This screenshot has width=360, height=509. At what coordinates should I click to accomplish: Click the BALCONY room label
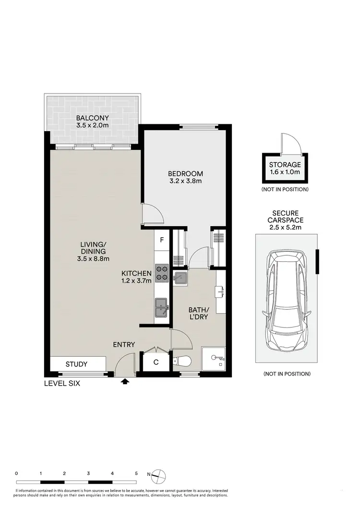coord(92,118)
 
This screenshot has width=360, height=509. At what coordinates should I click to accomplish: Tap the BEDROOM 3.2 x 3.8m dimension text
coord(185,182)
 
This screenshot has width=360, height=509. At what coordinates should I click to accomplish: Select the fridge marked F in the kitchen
coord(162,239)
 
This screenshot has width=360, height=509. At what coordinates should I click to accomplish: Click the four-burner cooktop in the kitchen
coord(161,272)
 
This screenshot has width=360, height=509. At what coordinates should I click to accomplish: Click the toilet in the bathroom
coord(183,361)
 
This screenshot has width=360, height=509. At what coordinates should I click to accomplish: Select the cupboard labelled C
coord(156,363)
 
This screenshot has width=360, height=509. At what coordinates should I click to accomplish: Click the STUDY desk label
coord(76,364)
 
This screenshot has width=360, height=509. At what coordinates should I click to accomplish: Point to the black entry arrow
coord(125,382)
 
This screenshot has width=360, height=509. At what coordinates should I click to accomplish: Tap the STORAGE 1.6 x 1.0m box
coord(285,169)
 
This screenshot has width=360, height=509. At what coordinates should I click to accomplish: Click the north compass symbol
coord(159,475)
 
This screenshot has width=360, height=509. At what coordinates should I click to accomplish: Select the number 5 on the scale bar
coord(137,473)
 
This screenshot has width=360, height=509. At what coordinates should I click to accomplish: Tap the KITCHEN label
coord(137,273)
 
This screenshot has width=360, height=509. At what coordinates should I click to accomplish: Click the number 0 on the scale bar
coord(17,473)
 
